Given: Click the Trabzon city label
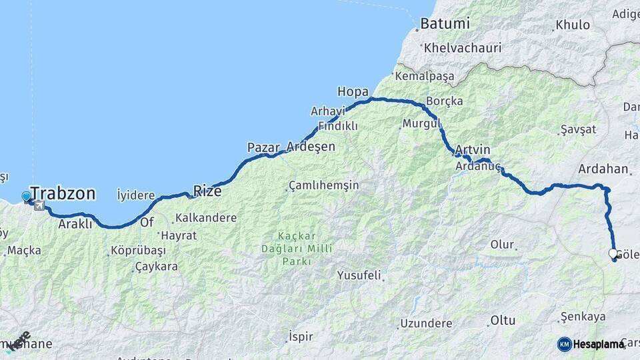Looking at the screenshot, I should [x=63, y=194].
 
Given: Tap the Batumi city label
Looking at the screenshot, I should [x=445, y=23].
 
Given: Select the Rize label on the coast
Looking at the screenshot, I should [x=207, y=191].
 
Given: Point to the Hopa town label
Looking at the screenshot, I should [x=353, y=91].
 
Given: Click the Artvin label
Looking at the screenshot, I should [x=474, y=149].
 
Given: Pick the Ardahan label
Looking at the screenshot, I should [x=603, y=169].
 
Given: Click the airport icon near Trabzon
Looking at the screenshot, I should [x=39, y=205].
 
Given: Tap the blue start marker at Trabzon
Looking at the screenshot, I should [x=26, y=197].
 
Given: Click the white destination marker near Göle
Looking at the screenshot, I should [x=613, y=254].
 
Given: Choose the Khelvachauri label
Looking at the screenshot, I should [x=461, y=49].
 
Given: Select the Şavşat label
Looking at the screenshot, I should [x=576, y=129].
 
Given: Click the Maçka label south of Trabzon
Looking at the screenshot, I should [x=25, y=251].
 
